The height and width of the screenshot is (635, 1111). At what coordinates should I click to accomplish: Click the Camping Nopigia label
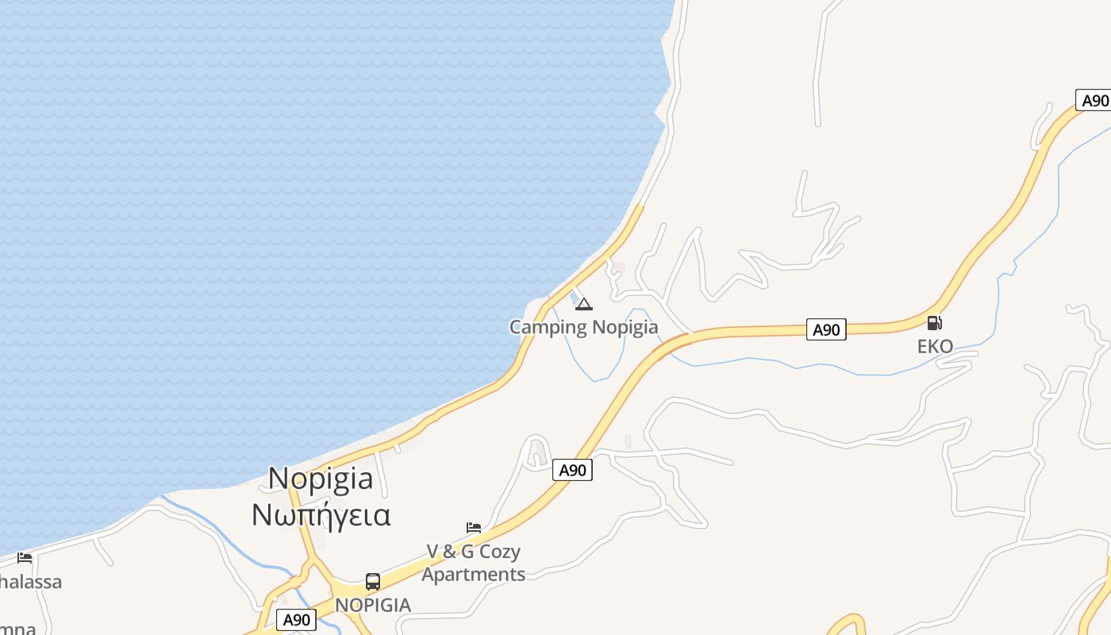[583, 327]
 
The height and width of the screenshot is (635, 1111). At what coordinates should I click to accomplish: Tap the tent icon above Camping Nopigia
[584, 304]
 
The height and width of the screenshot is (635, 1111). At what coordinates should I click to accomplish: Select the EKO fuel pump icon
[935, 323]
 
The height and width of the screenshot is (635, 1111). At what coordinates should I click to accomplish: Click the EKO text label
[935, 347]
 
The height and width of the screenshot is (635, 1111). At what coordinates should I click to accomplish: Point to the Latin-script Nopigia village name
[321, 479]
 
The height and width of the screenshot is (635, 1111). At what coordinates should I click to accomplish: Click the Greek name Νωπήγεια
[321, 515]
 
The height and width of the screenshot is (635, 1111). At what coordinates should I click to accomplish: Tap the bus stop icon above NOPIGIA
[373, 581]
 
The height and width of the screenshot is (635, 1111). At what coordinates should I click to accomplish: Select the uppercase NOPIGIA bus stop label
[373, 605]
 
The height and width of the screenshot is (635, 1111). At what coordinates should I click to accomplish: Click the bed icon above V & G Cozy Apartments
[474, 528]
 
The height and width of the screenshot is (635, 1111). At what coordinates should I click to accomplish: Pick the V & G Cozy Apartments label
[474, 563]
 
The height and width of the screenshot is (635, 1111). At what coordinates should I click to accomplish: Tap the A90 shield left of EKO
[826, 329]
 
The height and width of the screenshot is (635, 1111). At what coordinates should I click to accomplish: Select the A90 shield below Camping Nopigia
[572, 470]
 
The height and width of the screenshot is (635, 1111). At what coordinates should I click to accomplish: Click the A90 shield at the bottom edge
[296, 620]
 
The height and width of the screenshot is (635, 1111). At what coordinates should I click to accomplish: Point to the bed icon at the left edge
[25, 558]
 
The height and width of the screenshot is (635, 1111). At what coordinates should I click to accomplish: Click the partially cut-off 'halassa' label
[30, 582]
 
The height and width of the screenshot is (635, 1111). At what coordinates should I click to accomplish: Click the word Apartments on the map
[474, 574]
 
